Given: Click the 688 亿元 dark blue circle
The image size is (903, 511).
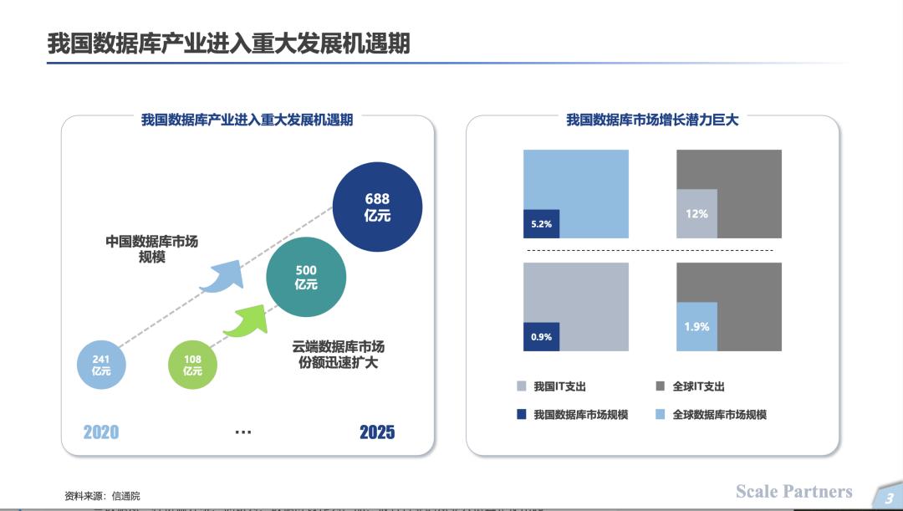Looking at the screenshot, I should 378,207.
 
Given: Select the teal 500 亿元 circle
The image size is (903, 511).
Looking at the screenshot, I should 306,277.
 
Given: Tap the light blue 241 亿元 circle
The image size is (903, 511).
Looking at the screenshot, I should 101,365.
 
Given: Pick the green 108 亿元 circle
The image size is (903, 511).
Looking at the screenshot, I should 192,365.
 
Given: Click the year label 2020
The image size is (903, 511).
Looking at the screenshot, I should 100,432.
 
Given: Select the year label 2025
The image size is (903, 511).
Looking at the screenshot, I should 377,432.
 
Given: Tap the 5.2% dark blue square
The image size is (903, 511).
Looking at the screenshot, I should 541,223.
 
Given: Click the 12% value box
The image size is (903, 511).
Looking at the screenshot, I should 696,213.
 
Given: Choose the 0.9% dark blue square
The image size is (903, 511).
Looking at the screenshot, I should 541,336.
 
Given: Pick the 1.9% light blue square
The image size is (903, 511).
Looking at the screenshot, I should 696,326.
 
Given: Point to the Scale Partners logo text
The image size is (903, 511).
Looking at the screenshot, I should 793,492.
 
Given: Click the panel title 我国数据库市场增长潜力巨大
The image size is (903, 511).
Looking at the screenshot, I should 652,120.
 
